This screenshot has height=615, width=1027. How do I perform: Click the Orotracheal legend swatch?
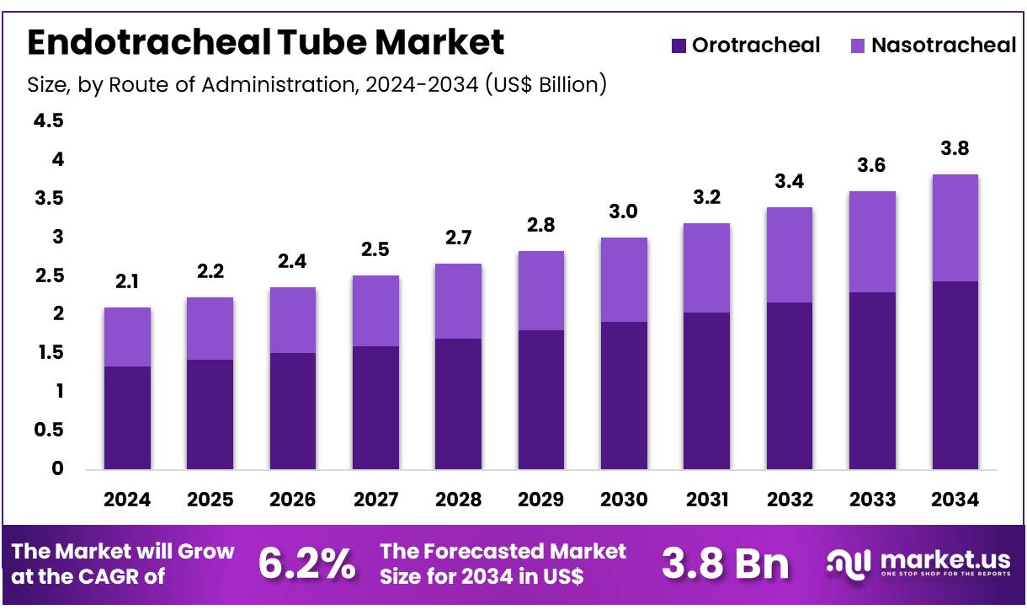[679, 45]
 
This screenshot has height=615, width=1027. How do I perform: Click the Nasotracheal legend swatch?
[858, 45]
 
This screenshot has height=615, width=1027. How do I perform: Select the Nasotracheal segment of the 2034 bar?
[955, 227]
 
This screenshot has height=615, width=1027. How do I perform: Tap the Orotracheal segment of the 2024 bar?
[127, 417]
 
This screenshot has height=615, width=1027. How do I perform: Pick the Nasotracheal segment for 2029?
[540, 290]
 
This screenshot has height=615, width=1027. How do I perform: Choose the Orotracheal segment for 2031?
[706, 390]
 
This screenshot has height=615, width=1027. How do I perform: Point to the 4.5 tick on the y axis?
[48, 121]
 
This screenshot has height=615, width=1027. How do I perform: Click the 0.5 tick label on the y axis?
[48, 430]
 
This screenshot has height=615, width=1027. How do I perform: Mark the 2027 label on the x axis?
[375, 500]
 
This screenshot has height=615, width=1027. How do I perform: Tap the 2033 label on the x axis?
[872, 500]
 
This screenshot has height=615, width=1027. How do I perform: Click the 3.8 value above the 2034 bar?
[955, 149]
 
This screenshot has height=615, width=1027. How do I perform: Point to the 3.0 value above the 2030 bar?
[623, 212]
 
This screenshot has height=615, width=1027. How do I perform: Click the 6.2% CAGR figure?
[306, 564]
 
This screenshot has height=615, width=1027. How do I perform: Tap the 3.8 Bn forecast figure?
[726, 564]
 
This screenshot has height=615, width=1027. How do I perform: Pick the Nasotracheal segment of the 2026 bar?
[292, 319]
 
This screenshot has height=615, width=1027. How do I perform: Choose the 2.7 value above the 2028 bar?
[458, 238]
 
